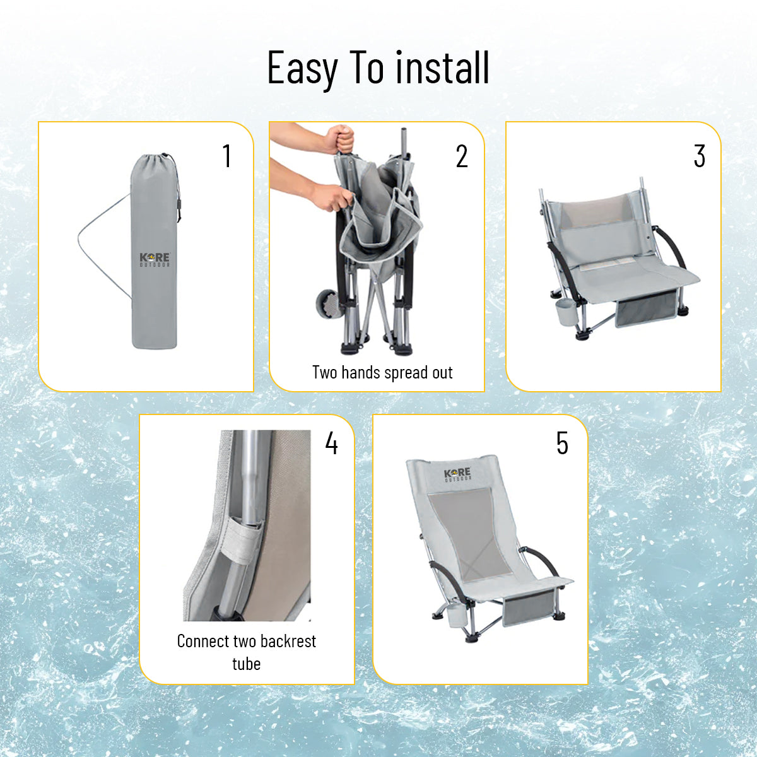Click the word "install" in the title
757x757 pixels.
tap(442, 67)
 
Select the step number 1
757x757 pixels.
tap(226, 156)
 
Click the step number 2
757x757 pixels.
tap(462, 156)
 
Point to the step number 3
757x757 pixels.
tap(699, 156)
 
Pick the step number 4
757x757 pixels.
tap(332, 443)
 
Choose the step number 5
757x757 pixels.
tap(562, 443)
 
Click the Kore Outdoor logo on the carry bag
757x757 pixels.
tap(155, 260)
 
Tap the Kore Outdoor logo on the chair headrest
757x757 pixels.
tap(457, 474)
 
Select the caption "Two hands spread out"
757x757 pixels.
tap(382, 372)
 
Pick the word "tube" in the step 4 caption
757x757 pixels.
tap(246, 664)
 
